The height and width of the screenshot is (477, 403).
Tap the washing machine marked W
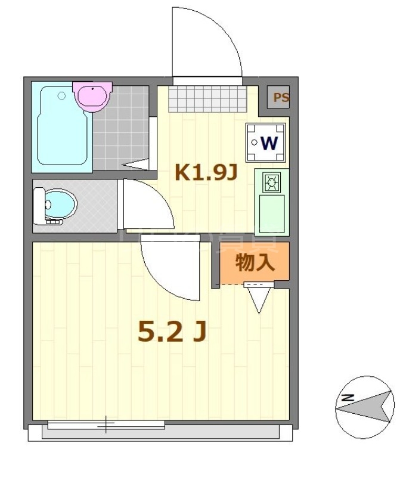[x=265, y=143]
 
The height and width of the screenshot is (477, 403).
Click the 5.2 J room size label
[x=172, y=332]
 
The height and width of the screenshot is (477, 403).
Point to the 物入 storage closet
[x=255, y=263]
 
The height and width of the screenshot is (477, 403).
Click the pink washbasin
[x=91, y=95]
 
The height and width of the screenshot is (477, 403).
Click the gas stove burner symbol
[x=271, y=182]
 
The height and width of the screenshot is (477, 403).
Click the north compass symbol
[x=364, y=407]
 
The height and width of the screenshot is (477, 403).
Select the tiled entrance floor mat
[x=207, y=99]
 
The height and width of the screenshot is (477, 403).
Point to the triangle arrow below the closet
[x=258, y=302]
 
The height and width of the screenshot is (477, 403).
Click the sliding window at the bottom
[x=106, y=425]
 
